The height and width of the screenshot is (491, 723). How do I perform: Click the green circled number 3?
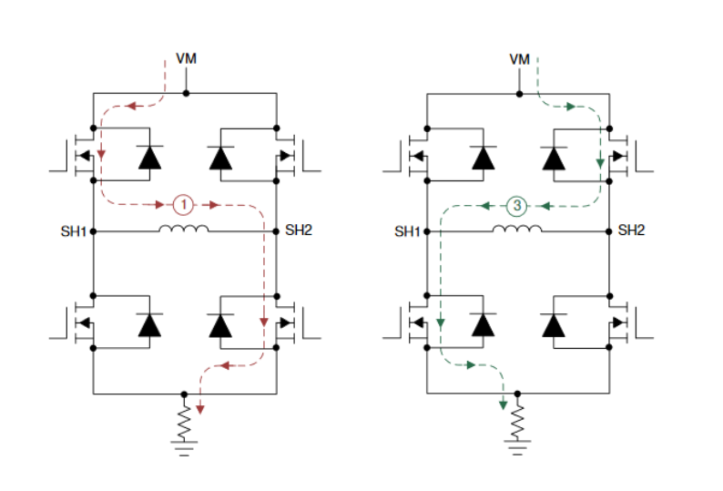click(516, 206)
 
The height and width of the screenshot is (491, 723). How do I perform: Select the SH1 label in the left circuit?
click(74, 231)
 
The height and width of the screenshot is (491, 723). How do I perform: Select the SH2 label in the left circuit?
click(298, 230)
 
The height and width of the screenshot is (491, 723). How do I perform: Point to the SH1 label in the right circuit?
click(407, 231)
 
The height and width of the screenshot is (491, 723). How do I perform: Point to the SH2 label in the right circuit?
click(631, 230)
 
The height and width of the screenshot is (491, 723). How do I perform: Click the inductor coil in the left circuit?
click(184, 229)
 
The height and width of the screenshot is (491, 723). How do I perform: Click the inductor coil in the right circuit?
click(517, 229)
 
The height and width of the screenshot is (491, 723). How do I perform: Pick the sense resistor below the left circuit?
click(185, 420)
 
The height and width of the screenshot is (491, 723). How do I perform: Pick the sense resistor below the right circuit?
click(518, 420)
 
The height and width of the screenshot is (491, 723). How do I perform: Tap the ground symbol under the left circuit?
click(185, 448)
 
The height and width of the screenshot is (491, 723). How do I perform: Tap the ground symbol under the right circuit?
click(518, 448)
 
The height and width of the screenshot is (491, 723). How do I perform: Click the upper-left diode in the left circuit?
click(149, 157)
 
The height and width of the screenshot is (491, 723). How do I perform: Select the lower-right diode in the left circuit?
click(220, 324)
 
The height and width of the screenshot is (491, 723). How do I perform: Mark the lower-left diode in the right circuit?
click(483, 324)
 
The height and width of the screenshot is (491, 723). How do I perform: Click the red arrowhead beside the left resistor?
click(200, 409)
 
